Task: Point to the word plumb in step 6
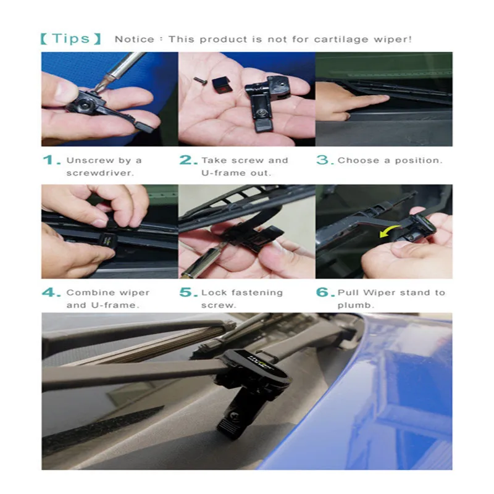click(x=354, y=306)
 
